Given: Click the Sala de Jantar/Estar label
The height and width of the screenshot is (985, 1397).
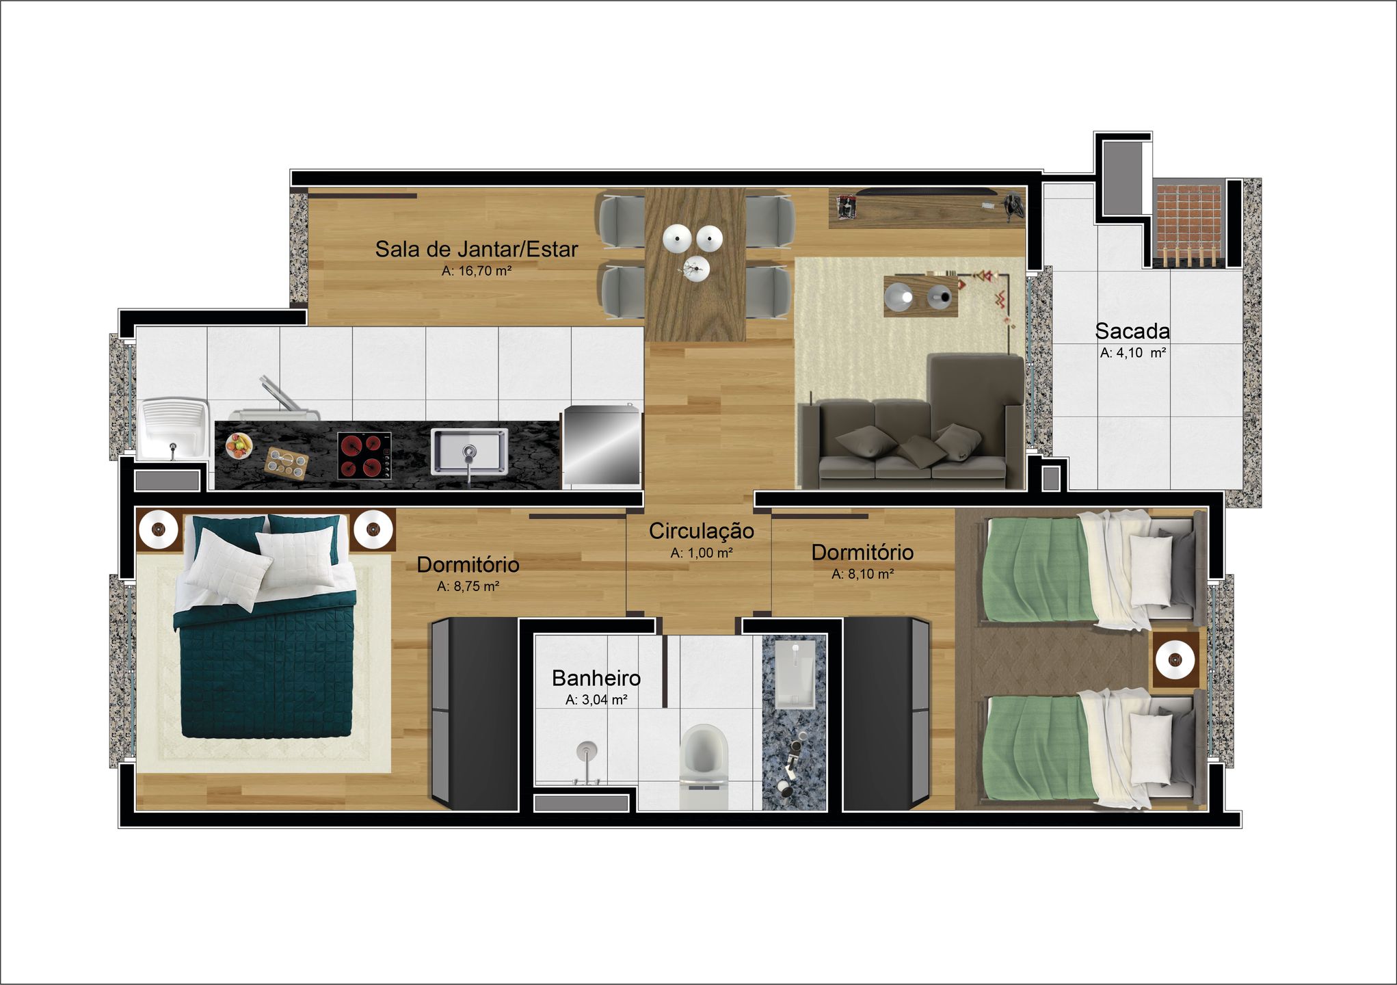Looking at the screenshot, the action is coord(477,249).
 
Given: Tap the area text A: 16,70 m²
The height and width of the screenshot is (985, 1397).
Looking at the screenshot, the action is coord(477,271).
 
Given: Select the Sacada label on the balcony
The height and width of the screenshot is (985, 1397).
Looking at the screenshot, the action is coord(1132,331).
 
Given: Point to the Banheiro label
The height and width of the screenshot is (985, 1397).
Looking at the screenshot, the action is coord(596,678).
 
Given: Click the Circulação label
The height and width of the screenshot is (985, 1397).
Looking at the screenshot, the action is coord(702,531).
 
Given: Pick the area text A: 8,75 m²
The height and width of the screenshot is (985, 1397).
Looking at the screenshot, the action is coord(468,586).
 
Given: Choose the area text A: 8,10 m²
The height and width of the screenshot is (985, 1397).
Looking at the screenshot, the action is coord(863,574).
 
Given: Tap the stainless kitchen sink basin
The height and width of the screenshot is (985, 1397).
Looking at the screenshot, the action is coord(469,451).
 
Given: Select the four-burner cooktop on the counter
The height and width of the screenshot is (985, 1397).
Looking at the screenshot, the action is coord(364,455).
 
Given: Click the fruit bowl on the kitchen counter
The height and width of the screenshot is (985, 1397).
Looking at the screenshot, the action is coord(239,446).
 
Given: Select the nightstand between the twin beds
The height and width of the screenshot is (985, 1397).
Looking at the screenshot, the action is coord(1175,660).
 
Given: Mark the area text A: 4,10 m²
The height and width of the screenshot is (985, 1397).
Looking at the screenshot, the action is coord(1133,353).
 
